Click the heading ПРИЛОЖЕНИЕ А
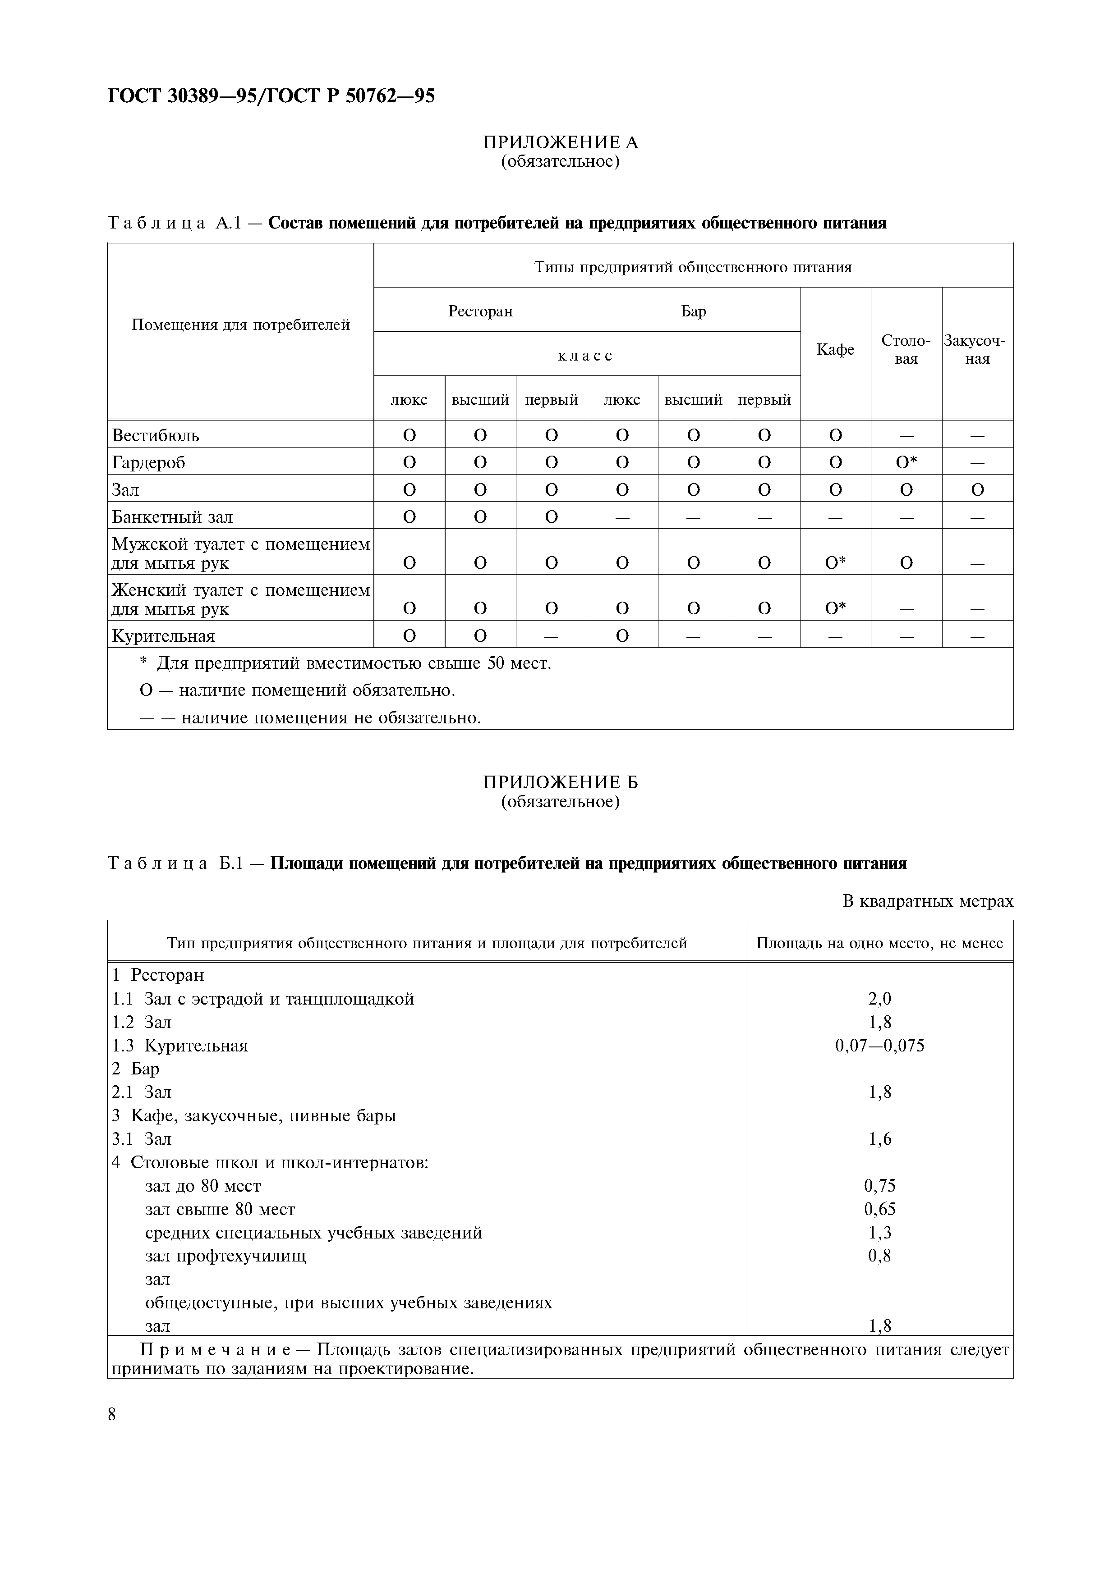tap(560, 142)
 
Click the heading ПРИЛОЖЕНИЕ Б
tap(560, 782)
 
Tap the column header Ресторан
tap(480, 311)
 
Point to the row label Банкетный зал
tap(172, 517)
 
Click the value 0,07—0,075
tap(880, 1046)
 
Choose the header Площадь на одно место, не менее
tap(880, 943)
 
